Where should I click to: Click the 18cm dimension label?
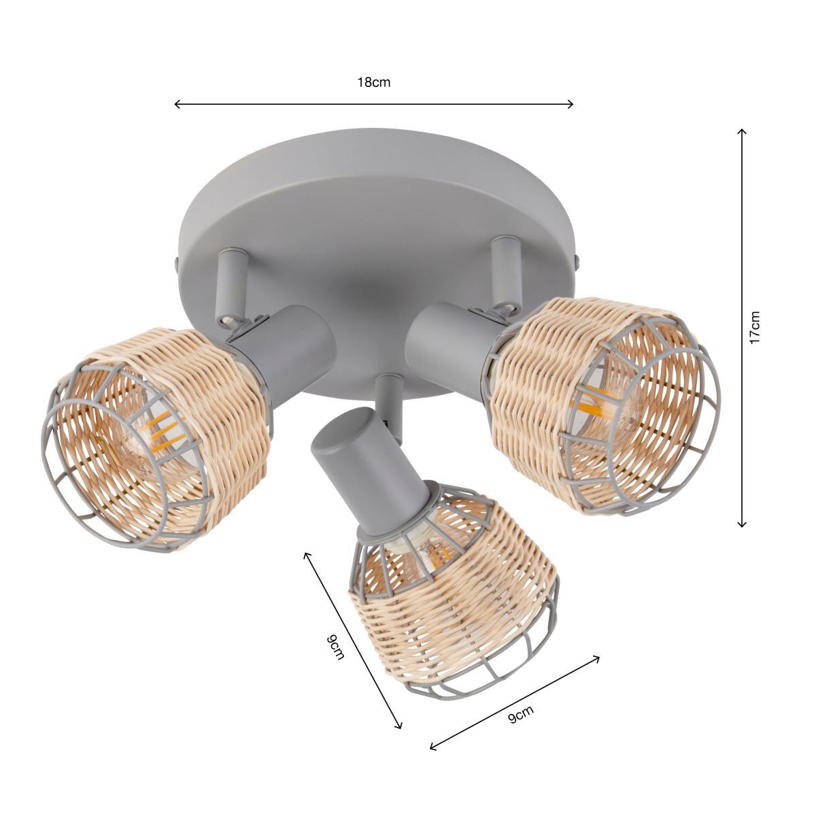click(373, 82)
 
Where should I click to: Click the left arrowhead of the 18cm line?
click(177, 104)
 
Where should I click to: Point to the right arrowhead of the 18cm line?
click(571, 104)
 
